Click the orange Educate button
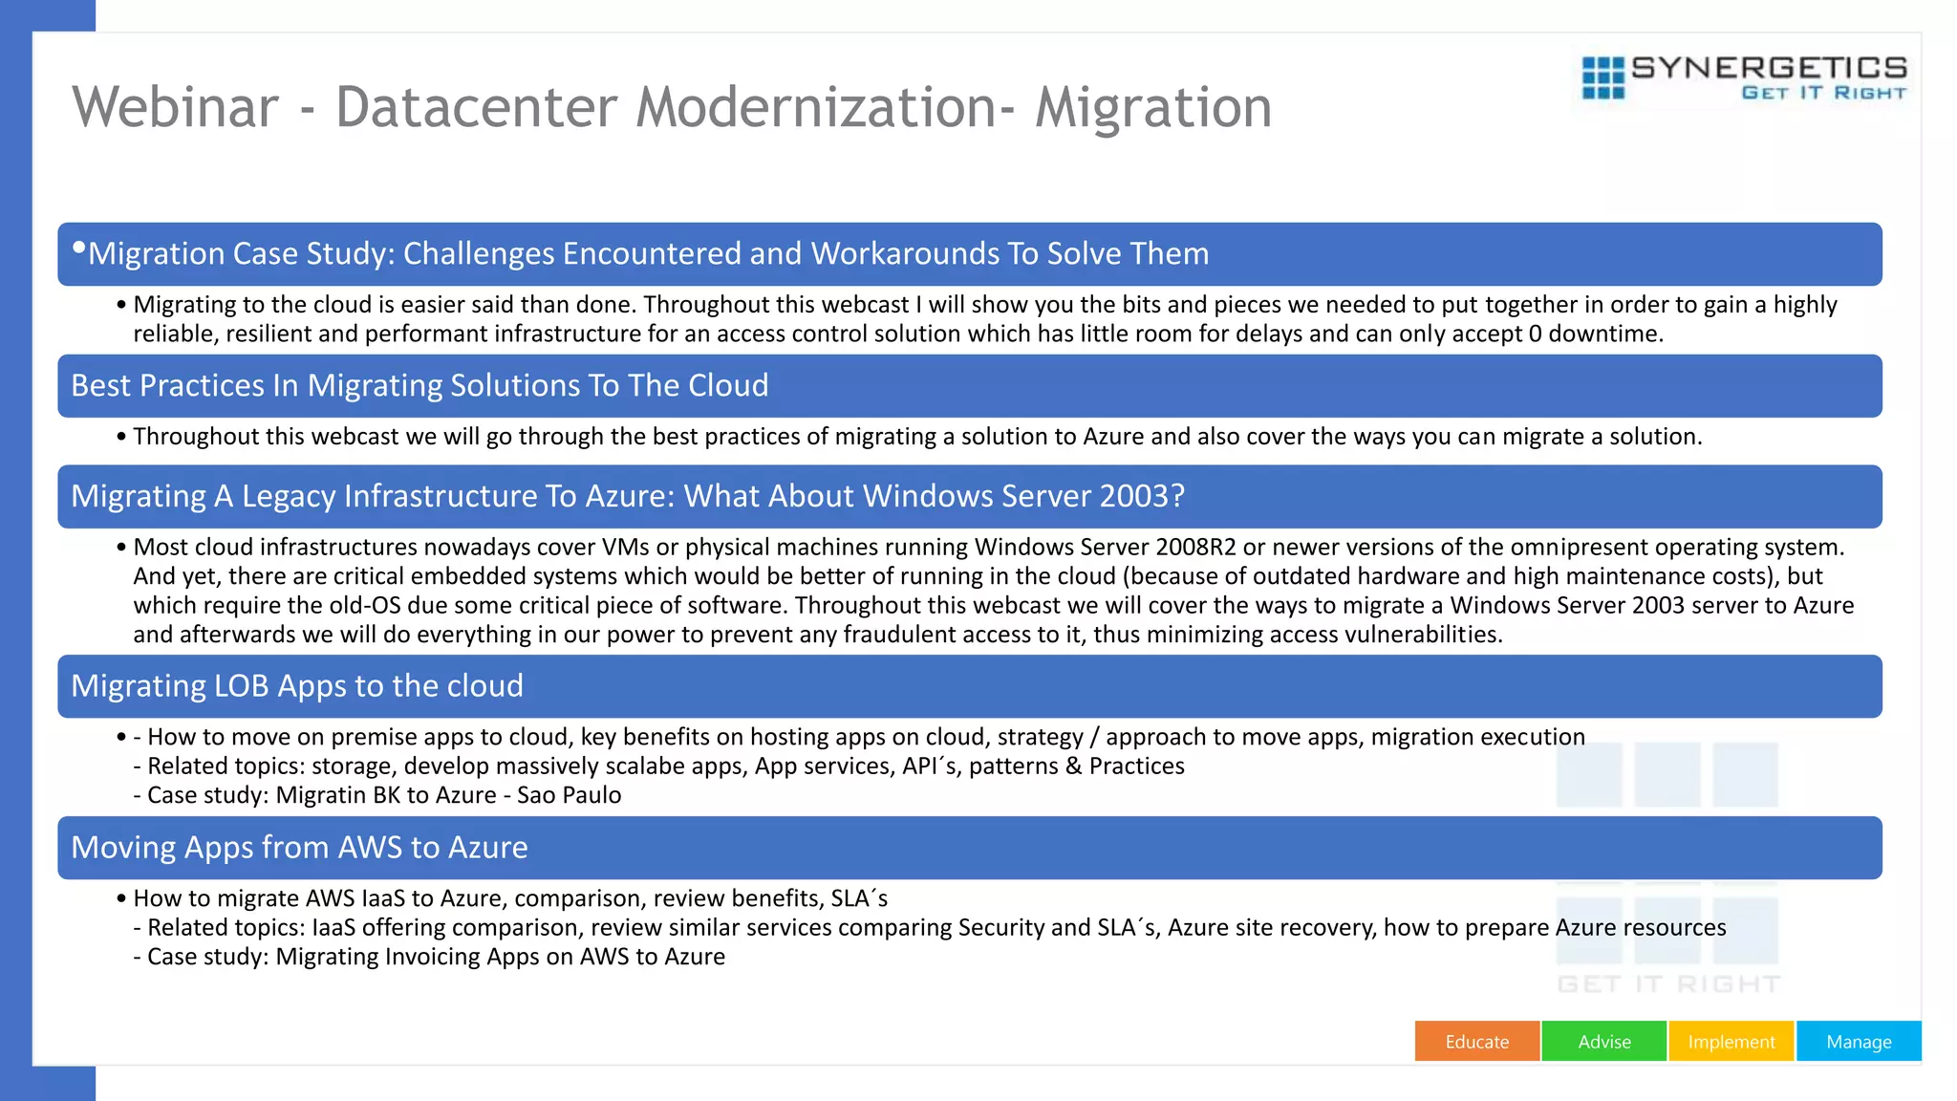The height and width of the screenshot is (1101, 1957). pyautogui.click(x=1476, y=1042)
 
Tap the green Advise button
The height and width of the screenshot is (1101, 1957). pyautogui.click(x=1603, y=1042)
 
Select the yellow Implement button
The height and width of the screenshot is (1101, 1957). pyautogui.click(x=1731, y=1042)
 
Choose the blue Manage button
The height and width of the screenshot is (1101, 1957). pyautogui.click(x=1859, y=1042)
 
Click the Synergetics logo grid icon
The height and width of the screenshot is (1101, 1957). pyautogui.click(x=1602, y=77)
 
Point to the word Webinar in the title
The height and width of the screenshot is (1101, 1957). pyautogui.click(x=175, y=107)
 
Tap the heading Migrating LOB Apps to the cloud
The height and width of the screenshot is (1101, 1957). pyautogui.click(x=297, y=686)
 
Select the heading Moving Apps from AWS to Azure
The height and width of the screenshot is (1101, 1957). pyautogui.click(x=299, y=848)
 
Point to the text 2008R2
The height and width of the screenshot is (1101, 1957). pyautogui.click(x=1195, y=548)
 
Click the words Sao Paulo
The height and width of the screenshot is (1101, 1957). pyautogui.click(x=569, y=795)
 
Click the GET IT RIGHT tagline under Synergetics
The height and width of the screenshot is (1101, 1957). pyautogui.click(x=1823, y=93)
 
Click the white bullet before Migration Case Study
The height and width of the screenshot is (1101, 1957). pyautogui.click(x=79, y=248)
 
